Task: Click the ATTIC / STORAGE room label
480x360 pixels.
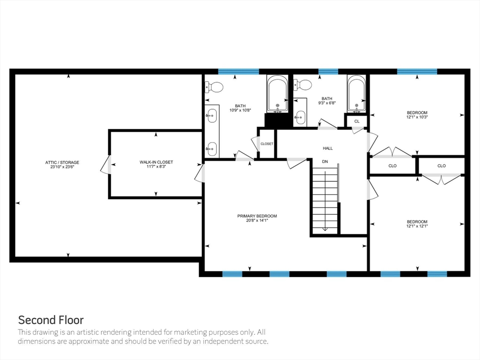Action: [x=62, y=162]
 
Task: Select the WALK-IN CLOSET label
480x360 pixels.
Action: [x=156, y=162]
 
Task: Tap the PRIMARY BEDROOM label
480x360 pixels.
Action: [x=257, y=216]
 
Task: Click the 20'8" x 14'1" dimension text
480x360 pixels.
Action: [x=257, y=220]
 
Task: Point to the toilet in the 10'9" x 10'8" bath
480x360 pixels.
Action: [x=214, y=87]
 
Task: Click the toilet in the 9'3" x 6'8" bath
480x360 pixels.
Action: [x=302, y=84]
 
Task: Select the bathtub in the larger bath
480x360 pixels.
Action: [x=277, y=93]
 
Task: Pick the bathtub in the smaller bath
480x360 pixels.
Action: [x=357, y=93]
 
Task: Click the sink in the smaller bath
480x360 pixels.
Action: [x=300, y=117]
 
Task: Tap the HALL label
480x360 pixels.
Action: [x=328, y=148]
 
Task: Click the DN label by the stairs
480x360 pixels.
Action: [x=325, y=161]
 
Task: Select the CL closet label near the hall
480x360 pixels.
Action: [x=357, y=121]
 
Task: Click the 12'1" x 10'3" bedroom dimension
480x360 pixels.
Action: [x=417, y=117]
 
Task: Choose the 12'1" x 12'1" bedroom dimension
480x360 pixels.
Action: [x=417, y=226]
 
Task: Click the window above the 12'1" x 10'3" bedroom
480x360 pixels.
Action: [x=417, y=71]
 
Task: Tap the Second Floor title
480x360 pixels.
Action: [x=51, y=320]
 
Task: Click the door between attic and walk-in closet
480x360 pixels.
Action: [x=105, y=165]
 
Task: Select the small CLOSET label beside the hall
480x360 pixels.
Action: [x=267, y=143]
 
